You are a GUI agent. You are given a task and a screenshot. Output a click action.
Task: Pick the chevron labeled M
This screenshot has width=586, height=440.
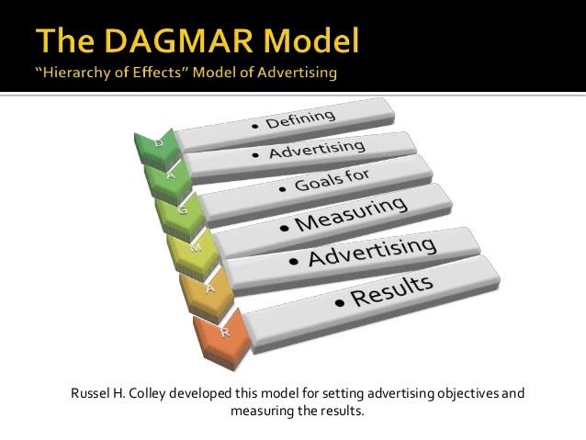point(193,249)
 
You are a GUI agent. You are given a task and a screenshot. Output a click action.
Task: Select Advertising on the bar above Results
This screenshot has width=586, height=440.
point(372,253)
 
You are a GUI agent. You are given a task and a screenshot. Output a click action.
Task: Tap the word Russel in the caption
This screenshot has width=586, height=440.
point(90,395)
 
